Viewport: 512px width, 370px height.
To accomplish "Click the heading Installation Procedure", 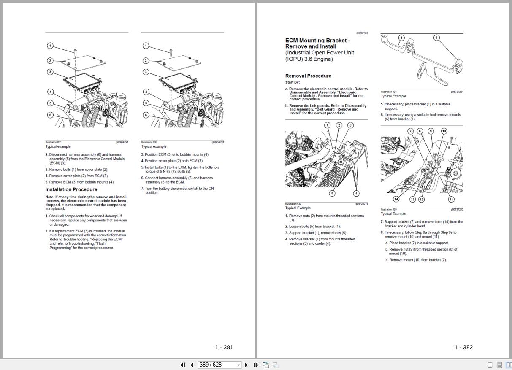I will (71, 189).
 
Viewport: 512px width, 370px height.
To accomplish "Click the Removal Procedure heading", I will (308, 76).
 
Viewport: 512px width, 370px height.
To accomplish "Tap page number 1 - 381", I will (224, 347).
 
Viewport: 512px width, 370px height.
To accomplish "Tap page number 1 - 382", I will (463, 347).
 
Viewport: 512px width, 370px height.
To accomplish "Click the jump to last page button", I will (256, 365).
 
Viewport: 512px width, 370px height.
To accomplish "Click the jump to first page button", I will (182, 365).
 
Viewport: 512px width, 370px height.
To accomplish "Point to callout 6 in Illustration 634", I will (436, 38).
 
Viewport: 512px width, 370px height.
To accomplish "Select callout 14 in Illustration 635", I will (396, 199).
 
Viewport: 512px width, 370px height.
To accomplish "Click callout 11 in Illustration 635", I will (451, 199).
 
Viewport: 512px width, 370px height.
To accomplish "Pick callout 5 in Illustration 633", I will (332, 193).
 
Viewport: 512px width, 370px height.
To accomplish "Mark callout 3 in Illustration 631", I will (50, 72).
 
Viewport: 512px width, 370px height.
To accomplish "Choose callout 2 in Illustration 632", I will (146, 61).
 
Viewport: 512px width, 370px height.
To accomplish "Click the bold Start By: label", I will (293, 82).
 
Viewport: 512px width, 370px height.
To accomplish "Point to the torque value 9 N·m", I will (163, 172).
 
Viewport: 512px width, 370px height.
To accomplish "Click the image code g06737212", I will (457, 209).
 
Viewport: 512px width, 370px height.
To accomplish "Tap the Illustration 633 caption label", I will (293, 204).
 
